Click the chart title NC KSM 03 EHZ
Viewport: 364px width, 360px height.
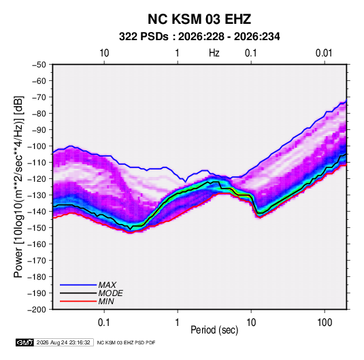point(199,19)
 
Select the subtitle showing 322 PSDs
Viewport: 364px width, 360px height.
point(199,37)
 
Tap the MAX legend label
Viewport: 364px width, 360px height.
point(107,284)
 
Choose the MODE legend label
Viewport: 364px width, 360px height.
point(110,293)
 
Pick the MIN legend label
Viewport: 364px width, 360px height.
point(106,301)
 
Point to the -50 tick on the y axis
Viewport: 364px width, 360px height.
point(39,65)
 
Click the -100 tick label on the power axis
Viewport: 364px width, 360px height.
point(37,146)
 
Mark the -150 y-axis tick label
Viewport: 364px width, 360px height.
point(37,227)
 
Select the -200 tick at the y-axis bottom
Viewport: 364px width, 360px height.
point(37,310)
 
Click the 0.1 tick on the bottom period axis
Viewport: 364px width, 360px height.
point(104,323)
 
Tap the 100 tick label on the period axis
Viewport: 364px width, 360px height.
point(325,323)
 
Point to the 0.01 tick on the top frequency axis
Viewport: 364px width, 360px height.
point(324,53)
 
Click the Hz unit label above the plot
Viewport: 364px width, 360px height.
point(214,53)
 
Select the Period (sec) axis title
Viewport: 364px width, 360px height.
point(214,330)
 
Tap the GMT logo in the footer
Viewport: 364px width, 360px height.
point(25,342)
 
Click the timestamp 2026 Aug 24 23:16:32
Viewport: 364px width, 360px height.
point(63,342)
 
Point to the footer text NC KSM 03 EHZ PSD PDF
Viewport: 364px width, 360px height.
point(126,342)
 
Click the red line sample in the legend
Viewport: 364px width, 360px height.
point(78,301)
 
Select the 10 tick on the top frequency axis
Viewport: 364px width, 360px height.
point(104,53)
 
